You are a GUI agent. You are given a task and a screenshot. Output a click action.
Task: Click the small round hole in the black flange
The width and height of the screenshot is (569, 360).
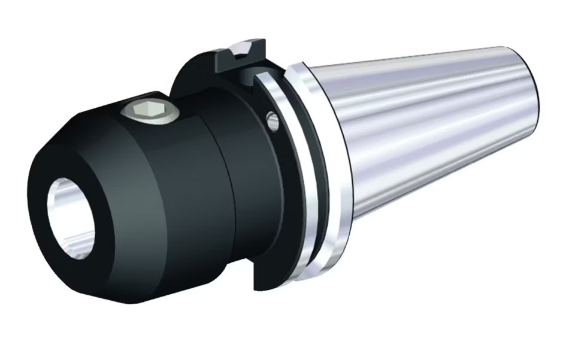coord(273,122)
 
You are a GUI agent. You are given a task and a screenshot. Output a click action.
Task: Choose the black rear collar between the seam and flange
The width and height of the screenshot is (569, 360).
coord(240,180)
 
